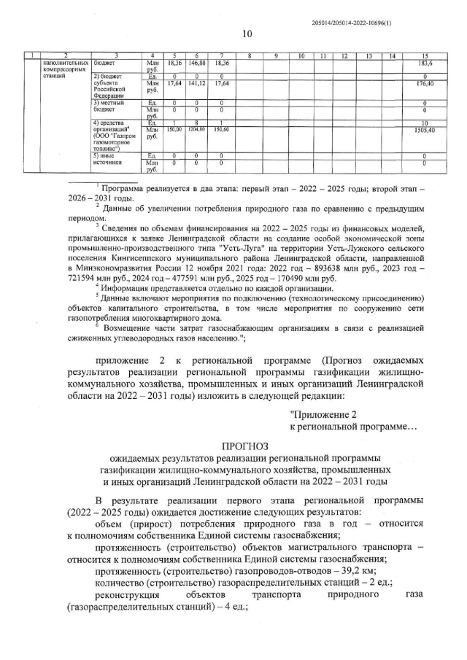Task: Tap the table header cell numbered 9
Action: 275,56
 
